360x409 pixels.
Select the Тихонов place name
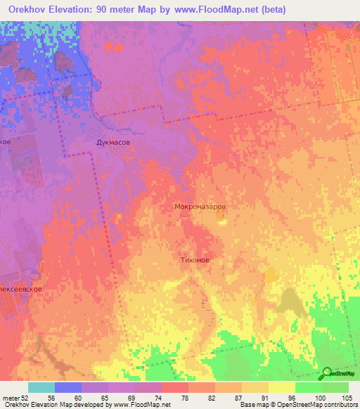[192, 259]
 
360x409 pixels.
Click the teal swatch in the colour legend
[41, 387]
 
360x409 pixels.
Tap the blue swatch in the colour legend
[68, 387]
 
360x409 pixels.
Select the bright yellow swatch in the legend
[281, 387]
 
